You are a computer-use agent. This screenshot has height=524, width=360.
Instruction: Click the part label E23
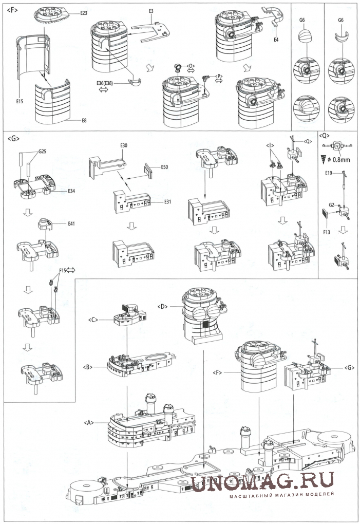point(85,12)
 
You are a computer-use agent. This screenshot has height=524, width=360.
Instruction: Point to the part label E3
point(151,10)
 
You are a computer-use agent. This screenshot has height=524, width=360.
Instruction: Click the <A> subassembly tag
point(88,422)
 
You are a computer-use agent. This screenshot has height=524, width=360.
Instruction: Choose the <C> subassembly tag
point(93,320)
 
